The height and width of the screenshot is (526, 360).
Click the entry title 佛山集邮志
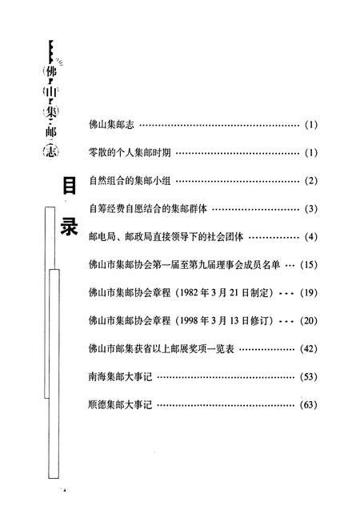tap(111, 125)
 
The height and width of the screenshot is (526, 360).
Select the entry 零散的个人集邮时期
tap(130, 153)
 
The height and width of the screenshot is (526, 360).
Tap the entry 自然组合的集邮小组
tap(130, 181)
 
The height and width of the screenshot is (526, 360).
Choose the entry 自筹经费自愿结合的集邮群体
tap(148, 209)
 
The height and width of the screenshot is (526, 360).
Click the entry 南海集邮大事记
tap(120, 377)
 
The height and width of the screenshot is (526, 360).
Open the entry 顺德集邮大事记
tap(120, 404)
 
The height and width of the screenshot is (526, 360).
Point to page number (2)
tap(310, 181)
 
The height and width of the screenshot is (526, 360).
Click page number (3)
tap(310, 209)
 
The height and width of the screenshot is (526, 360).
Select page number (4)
tap(310, 237)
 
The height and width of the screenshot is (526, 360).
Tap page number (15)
tap(309, 265)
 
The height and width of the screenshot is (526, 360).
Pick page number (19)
tap(309, 293)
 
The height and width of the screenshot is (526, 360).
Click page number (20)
tap(309, 321)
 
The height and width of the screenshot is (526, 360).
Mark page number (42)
tap(309, 349)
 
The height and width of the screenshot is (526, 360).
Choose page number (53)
tap(309, 377)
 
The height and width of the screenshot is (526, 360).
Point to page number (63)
tap(309, 404)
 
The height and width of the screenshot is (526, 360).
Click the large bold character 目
tap(70, 187)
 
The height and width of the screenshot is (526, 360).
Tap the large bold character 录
tap(69, 227)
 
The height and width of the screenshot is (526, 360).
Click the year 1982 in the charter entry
tap(189, 293)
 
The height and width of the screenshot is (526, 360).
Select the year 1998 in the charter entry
tap(189, 321)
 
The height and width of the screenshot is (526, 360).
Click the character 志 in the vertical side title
tap(51, 151)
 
